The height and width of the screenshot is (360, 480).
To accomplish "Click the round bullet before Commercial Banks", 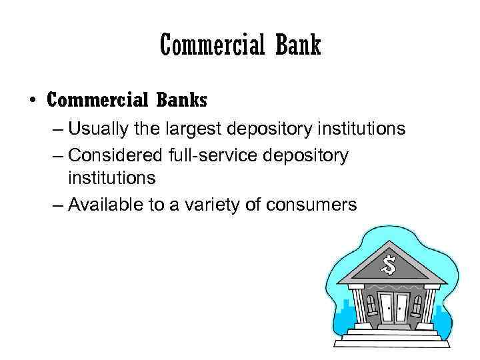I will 32,101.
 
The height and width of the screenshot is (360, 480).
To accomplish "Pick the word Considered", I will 113,155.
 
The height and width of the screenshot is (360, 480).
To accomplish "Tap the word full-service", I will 205,155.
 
